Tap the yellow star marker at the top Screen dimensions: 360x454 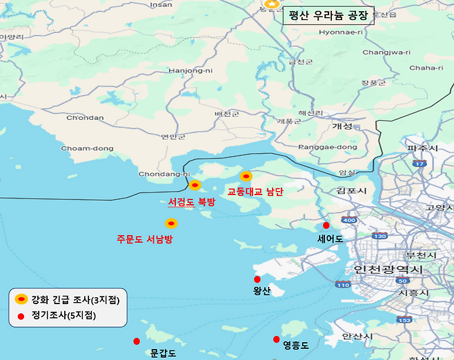272,4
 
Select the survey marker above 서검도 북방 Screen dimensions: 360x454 195,185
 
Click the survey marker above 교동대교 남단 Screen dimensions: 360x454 246,177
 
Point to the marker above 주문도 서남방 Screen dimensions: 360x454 171,223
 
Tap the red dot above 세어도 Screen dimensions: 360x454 326,226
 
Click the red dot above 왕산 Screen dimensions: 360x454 257,279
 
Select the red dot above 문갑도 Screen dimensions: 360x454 137,341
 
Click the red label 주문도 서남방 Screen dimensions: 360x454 144,239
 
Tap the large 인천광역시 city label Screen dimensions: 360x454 388,270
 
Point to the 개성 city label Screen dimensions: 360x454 342,126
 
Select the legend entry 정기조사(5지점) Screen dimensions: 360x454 63,315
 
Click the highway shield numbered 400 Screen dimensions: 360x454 349,220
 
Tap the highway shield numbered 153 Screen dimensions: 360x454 405,319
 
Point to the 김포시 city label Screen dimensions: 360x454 351,190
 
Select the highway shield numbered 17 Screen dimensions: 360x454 419,164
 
